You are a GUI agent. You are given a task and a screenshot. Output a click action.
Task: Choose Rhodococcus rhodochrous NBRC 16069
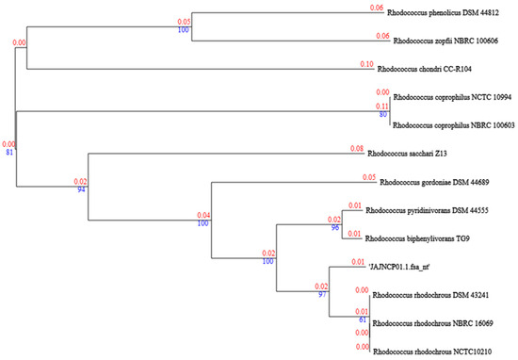point(438,322)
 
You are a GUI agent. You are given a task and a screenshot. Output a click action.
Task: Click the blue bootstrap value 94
point(81,189)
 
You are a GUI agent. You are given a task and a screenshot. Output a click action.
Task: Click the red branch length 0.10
point(367,63)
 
